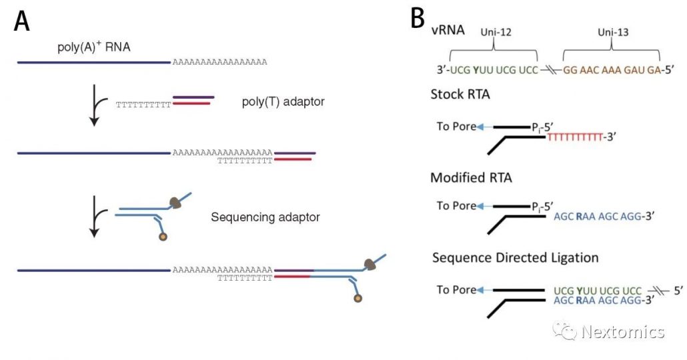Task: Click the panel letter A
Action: [x=21, y=22]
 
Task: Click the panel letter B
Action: [x=418, y=18]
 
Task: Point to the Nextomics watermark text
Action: [x=622, y=331]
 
